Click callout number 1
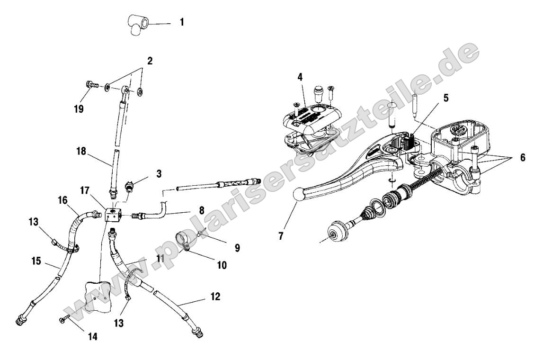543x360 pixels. click(x=182, y=22)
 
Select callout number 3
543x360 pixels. click(x=159, y=173)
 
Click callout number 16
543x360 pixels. click(x=63, y=201)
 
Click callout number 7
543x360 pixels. click(x=281, y=236)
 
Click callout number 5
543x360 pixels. click(x=447, y=99)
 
